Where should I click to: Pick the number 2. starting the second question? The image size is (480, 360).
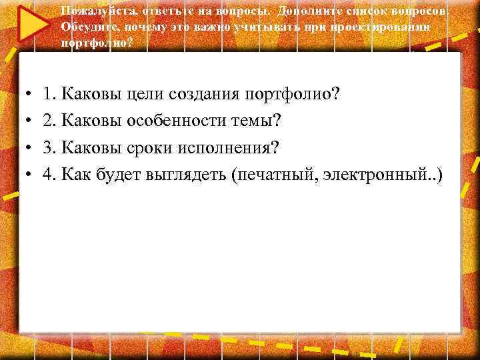[x=48, y=121]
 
